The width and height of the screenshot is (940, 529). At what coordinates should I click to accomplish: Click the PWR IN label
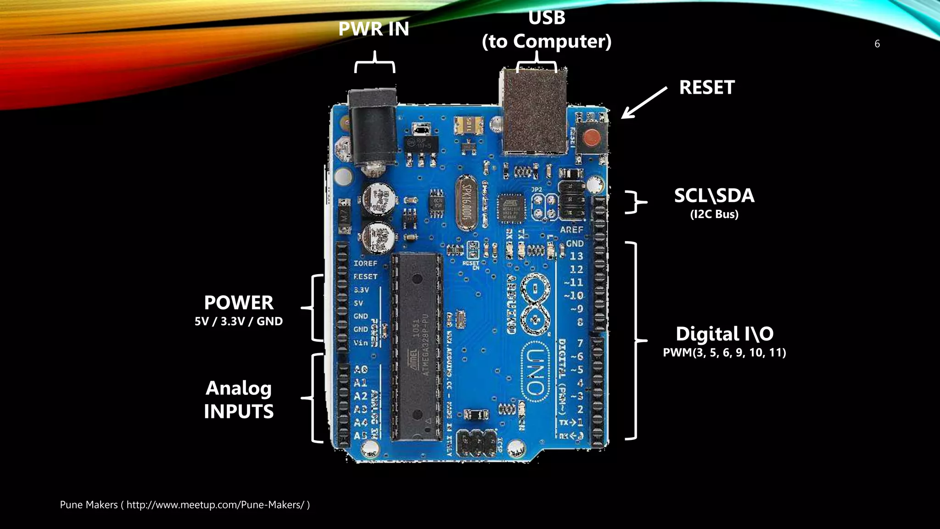pos(374,29)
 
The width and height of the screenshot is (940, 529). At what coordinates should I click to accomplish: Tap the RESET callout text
pos(707,87)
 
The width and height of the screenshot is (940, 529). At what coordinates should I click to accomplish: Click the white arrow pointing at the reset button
pos(643,103)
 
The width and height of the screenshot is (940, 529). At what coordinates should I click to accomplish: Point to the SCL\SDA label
pos(714,196)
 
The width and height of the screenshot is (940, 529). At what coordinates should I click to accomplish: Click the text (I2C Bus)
pos(714,214)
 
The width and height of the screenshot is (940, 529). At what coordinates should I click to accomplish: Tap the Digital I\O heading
pos(724,334)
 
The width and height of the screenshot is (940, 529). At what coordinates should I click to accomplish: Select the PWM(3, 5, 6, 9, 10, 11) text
pos(724,353)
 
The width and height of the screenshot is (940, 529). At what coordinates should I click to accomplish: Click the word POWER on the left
pos(239,303)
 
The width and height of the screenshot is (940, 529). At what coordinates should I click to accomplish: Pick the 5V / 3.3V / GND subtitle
pos(239,321)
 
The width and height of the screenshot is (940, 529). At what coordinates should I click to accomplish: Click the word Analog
pos(239,388)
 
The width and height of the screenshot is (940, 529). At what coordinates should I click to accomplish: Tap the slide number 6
pos(877,44)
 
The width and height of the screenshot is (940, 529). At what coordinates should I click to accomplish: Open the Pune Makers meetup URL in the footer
pos(215,505)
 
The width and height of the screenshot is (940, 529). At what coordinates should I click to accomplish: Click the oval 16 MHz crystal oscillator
pos(466,203)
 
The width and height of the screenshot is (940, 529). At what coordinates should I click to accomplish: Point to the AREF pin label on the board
pos(571,229)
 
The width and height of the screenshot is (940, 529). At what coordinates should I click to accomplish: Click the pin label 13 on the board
pos(576,256)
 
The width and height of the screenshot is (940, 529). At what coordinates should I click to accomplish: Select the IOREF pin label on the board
pos(365,263)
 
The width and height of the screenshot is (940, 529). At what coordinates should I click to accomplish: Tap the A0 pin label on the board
pos(361,369)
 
